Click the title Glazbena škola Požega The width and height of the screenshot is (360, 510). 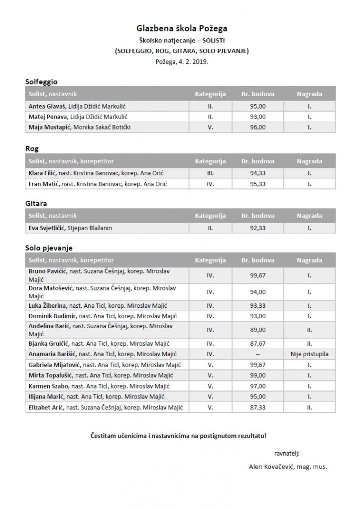[x=181, y=29]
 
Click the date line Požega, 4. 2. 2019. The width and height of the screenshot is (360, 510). [x=181, y=62]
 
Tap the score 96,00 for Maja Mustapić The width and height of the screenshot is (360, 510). [x=257, y=127]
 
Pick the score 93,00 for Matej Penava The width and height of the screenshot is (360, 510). [x=257, y=117]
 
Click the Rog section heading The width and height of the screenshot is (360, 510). [x=32, y=148]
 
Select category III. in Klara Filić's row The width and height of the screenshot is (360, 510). [x=210, y=173]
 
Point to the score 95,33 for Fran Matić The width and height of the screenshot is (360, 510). [x=257, y=184]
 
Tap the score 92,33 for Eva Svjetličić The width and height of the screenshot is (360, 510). [x=257, y=228]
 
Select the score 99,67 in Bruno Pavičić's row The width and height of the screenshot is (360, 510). [x=257, y=275]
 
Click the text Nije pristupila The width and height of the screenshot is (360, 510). [x=309, y=354]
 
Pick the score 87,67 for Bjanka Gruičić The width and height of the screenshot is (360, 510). [x=257, y=343]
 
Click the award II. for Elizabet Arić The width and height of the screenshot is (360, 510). [x=309, y=407]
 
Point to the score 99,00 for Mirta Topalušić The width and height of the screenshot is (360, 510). [x=257, y=376]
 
